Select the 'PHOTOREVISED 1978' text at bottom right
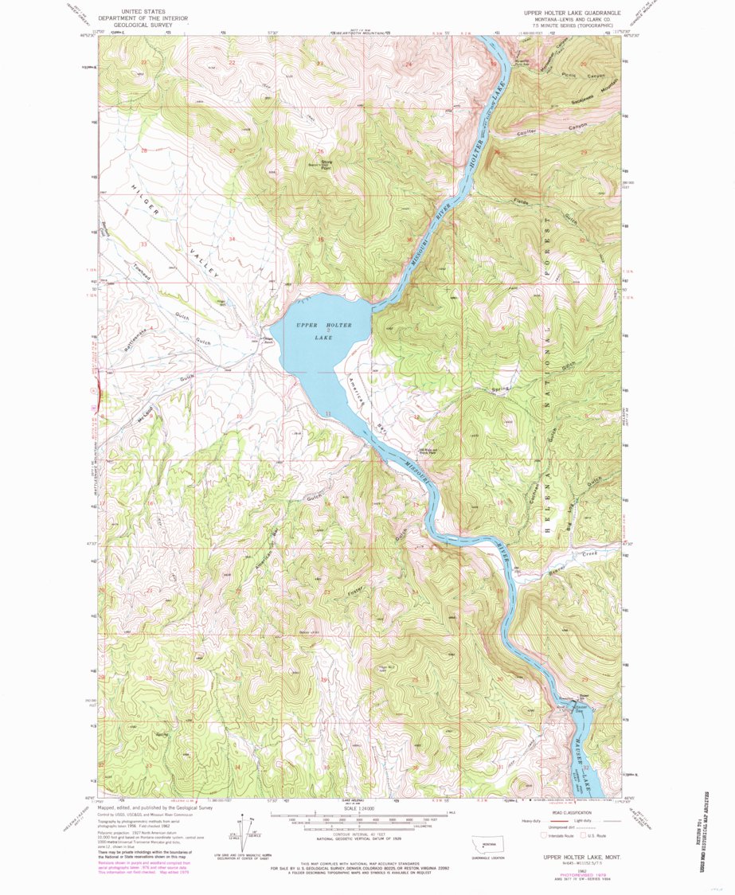coord(569,873)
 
